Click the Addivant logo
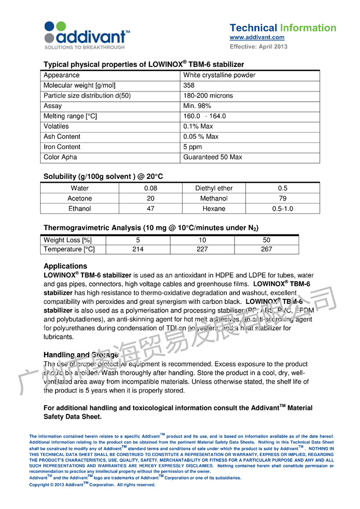click(x=86, y=35)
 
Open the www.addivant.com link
click(x=257, y=38)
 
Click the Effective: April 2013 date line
click(x=258, y=47)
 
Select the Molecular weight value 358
click(x=189, y=85)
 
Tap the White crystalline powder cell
click(x=219, y=75)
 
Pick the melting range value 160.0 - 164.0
click(x=204, y=116)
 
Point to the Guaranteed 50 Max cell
click(x=212, y=157)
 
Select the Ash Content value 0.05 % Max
click(x=201, y=137)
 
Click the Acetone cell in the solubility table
click(x=80, y=198)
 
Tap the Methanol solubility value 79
click(x=282, y=198)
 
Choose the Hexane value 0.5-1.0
click(x=282, y=209)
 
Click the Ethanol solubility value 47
click(x=151, y=209)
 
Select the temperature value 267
click(x=266, y=249)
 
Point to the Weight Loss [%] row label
click(x=67, y=240)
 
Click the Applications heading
click(x=65, y=266)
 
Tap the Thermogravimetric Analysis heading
click(x=151, y=228)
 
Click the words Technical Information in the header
click(x=283, y=28)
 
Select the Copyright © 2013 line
click(x=92, y=484)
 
